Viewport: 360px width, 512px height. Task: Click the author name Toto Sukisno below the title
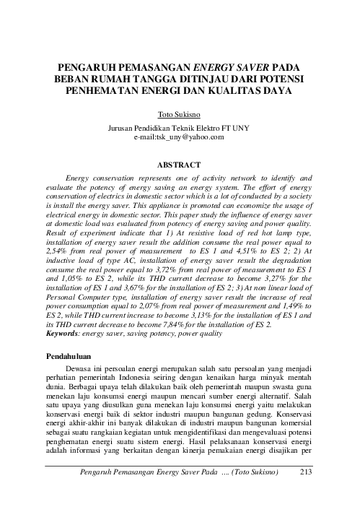pos(180,114)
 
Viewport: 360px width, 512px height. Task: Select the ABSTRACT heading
pos(180,164)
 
